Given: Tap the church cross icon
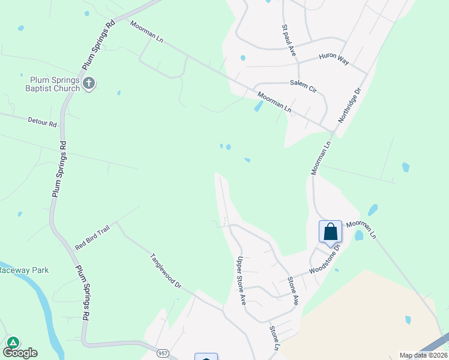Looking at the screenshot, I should pos(89,83).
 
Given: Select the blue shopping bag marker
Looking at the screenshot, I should pos(330,232).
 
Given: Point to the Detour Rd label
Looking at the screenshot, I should pos(42,122).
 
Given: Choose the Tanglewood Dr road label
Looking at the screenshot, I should pos(166,271).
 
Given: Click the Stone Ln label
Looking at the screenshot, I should pos(275,338).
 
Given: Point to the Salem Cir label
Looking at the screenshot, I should pos(303,85).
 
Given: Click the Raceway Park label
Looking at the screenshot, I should pos(23,270).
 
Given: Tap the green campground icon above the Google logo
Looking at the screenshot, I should pos(13,343).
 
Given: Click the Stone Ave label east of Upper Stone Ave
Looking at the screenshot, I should pos(293,290).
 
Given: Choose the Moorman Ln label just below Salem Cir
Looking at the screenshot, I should pos(274,102).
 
